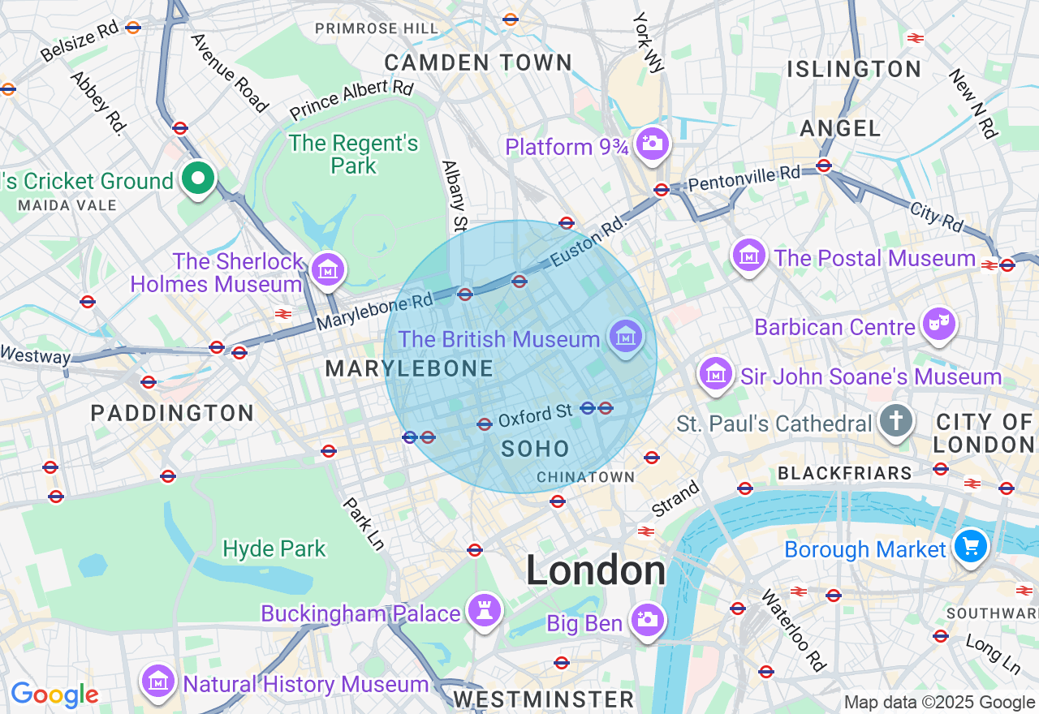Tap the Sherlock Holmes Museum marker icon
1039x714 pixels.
328,270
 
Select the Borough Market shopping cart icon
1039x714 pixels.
970,546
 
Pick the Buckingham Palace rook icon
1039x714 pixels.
485,611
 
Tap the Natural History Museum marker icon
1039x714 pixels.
159,682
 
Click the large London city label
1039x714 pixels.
596,570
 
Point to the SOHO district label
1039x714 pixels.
535,449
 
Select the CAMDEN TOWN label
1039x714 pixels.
478,62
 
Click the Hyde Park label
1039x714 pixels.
274,549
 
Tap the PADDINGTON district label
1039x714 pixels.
172,413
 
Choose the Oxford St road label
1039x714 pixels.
535,416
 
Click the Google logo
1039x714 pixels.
54,695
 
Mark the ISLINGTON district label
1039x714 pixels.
854,69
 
